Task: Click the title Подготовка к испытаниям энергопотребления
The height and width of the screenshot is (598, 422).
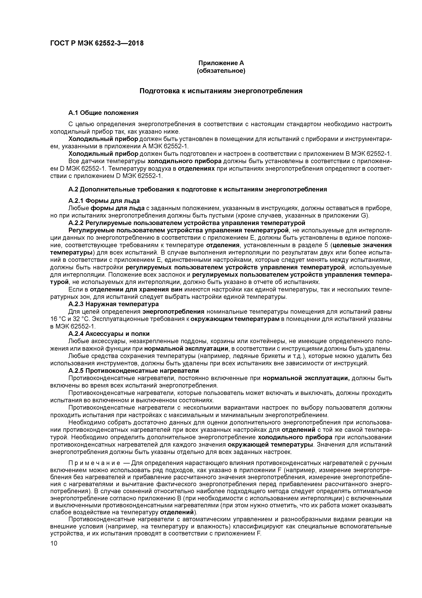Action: point(221,91)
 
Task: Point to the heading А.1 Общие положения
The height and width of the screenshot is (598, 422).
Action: point(103,113)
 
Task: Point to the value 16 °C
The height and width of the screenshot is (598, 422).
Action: point(58,319)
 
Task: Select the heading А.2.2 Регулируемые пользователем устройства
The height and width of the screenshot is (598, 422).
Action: point(187,223)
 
